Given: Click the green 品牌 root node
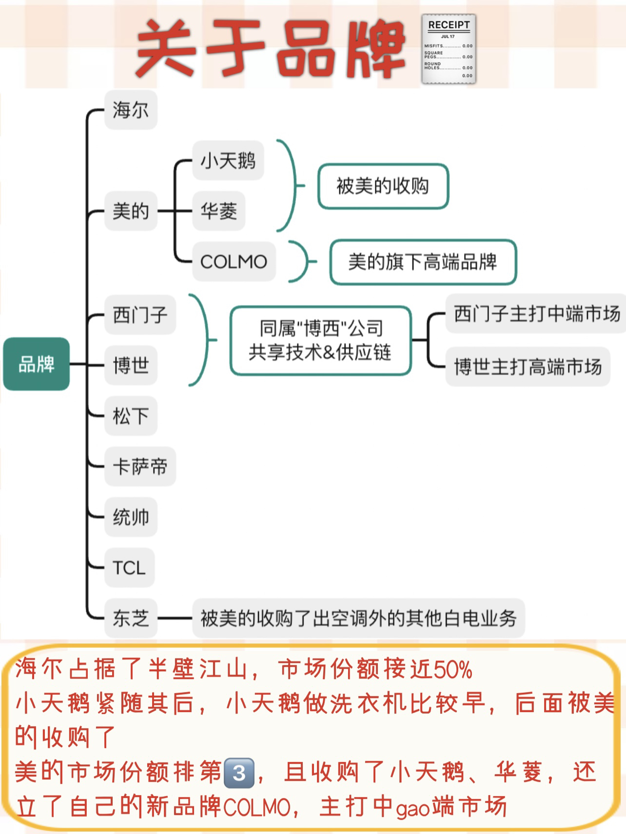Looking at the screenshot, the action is pos(36,364).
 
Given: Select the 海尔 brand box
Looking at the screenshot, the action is pos(131,110).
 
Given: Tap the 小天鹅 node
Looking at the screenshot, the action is pos(228,160).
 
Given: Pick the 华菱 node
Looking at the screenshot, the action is pos(218,211).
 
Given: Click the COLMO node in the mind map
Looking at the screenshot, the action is pos(234,262).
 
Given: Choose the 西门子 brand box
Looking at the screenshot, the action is pos(140,314).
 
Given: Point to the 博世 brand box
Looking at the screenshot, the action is pos(131,365).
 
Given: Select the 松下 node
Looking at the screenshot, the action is pos(131,416).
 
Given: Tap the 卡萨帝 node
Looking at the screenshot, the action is pos(140,466).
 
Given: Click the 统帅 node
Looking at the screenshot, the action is pos(131,517).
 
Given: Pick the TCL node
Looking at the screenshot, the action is pos(129,568).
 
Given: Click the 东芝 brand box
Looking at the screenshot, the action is pos(131,618).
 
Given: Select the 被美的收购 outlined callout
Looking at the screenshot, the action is pos(383,186).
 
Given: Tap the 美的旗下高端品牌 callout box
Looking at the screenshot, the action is pos(423,262).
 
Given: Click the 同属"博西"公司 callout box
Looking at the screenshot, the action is pos(320,340).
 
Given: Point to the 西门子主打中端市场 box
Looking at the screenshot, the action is pos(536,314).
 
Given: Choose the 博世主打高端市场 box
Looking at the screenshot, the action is pos(528,366).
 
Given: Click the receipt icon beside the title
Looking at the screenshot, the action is pos(449,49).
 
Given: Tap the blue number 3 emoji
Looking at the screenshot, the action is pos(239,773).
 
